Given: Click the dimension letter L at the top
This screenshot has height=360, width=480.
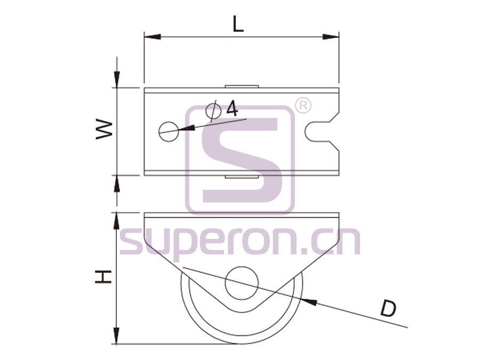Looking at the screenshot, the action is [x=238, y=24].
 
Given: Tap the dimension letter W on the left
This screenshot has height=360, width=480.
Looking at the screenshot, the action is [x=105, y=130].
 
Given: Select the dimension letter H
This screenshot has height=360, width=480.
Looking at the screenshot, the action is [x=103, y=277].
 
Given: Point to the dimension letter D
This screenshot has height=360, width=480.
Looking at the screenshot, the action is [x=388, y=309].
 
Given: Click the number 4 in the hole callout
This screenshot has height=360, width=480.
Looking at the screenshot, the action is [x=233, y=108].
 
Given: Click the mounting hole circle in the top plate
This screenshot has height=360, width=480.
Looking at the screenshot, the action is [x=169, y=132].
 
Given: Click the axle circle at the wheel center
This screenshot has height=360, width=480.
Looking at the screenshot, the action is [x=242, y=283].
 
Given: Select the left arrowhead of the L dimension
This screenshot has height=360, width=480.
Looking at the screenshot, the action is [x=152, y=37].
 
